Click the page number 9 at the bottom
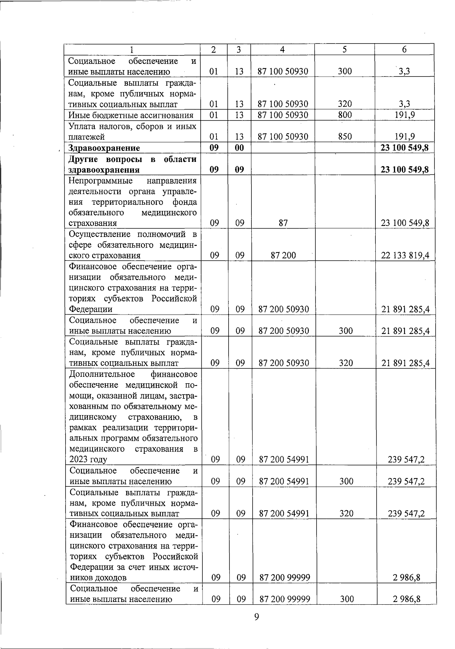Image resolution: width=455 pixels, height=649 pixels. coord(256,617)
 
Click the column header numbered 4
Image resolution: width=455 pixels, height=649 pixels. coord(282,49)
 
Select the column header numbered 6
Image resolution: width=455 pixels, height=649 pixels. coord(404,49)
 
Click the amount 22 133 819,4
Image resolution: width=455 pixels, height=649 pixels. coord(405,256)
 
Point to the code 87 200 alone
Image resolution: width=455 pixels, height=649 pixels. coord(283,256)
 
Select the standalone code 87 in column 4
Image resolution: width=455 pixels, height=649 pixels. coord(283,223)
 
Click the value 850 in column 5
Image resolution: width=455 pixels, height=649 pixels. coord(345,136)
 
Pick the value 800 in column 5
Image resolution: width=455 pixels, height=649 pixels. coord(345,115)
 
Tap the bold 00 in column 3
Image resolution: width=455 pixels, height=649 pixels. coord(239,148)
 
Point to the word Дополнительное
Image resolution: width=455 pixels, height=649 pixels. coord(102,374)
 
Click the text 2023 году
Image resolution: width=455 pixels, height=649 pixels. coord(88,460)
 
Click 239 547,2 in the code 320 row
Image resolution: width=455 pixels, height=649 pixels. coord(406,514)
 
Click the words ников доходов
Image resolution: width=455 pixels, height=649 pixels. coord(98,578)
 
